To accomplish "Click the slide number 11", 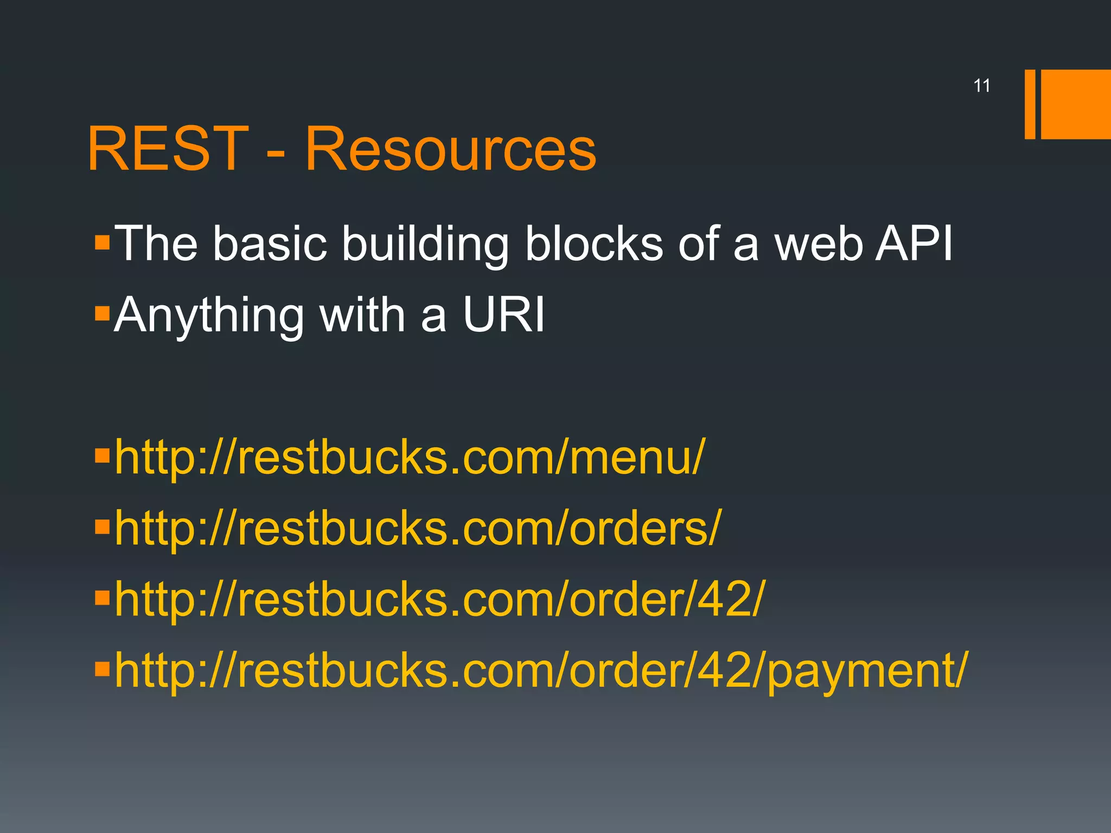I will (x=982, y=86).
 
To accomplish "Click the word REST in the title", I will (x=168, y=149).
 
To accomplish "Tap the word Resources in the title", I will (x=450, y=149).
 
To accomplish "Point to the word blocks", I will (x=594, y=244).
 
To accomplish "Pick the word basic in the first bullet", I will (x=270, y=244).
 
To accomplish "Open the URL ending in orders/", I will (x=418, y=529).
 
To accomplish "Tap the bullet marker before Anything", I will (x=102, y=313).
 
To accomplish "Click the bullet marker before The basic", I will (x=102, y=242).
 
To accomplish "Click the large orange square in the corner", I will (x=1075, y=104).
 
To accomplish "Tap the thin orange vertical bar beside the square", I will (x=1030, y=104).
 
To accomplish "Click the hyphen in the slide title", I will (x=276, y=154).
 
